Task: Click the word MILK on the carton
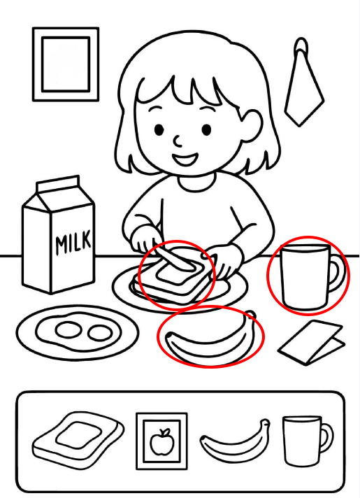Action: (73, 243)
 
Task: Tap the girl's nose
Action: (178, 141)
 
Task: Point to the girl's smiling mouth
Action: (185, 159)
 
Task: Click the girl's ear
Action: (252, 125)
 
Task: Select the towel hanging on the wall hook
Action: (303, 92)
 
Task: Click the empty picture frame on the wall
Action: (66, 64)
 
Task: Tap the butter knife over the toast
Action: (174, 259)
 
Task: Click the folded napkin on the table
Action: (312, 342)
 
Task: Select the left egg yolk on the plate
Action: (68, 329)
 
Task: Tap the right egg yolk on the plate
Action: (100, 333)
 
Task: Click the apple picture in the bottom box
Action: (162, 441)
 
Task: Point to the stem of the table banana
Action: (251, 315)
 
